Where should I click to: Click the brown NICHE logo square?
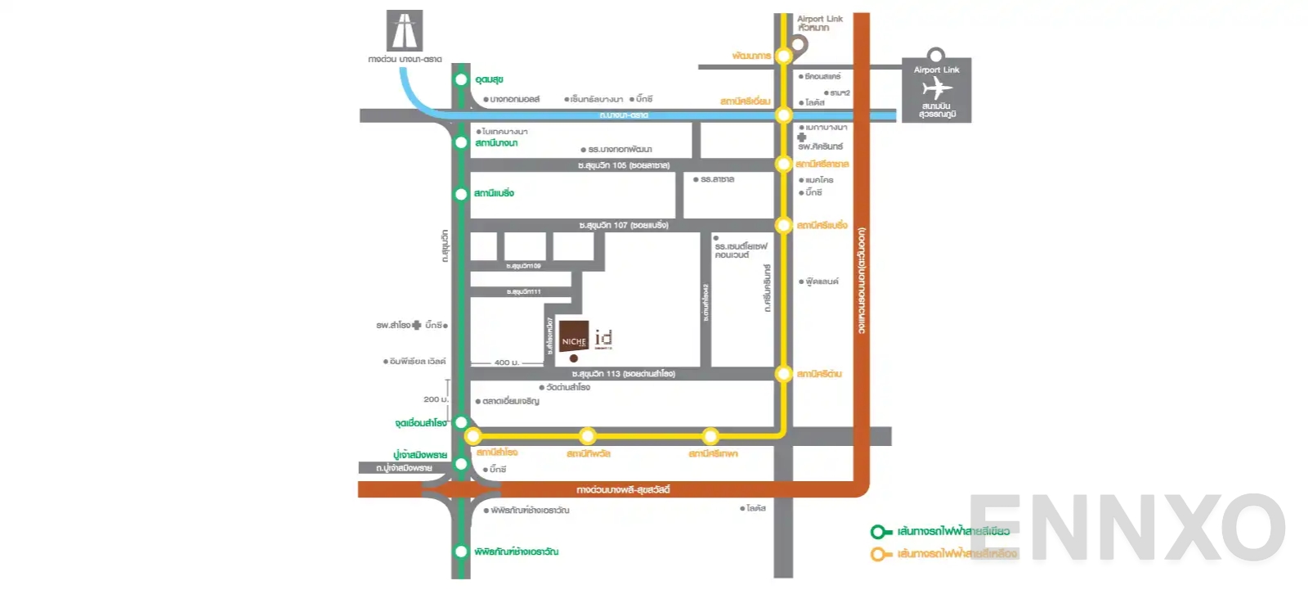click(574, 336)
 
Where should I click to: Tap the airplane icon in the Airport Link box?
click(937, 88)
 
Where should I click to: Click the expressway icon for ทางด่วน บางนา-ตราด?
click(405, 31)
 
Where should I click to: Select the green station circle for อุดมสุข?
click(461, 79)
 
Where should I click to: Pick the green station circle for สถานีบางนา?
click(461, 142)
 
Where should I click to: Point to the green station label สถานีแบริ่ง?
click(494, 193)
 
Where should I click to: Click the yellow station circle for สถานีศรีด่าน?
click(783, 374)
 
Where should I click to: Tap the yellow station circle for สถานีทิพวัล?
click(587, 435)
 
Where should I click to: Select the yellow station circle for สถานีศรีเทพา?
click(710, 435)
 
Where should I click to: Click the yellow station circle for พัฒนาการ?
click(783, 56)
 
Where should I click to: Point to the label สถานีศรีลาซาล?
click(822, 164)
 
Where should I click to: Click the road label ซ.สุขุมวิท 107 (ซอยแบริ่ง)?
click(624, 225)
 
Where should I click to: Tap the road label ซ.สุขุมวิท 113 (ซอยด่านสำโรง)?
click(624, 374)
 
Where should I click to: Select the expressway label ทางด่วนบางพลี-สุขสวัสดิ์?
click(623, 489)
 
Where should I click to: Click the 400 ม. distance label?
click(507, 363)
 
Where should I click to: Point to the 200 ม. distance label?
click(435, 399)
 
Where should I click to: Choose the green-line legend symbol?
click(880, 532)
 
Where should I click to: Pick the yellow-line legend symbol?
click(880, 554)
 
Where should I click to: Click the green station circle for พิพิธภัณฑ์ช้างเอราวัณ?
click(461, 552)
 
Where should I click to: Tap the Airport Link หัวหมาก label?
click(819, 23)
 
